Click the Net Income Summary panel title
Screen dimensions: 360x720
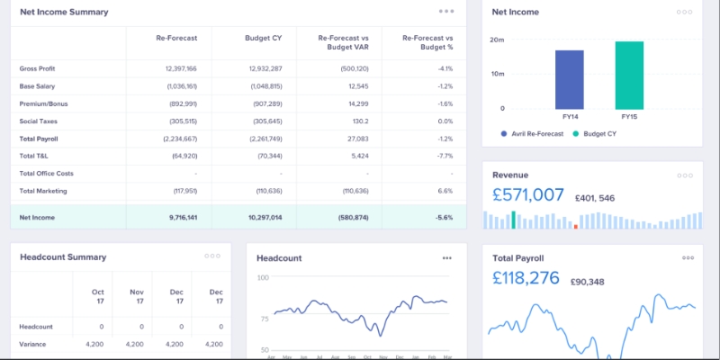click(x=64, y=13)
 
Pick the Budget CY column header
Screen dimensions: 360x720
click(x=264, y=39)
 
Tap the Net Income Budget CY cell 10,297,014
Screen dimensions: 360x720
click(x=264, y=218)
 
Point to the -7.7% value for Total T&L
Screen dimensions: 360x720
click(x=445, y=156)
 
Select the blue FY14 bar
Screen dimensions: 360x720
click(x=570, y=79)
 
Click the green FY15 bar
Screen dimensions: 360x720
click(x=629, y=75)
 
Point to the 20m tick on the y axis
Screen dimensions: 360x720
click(x=498, y=40)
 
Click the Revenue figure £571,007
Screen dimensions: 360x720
click(x=528, y=194)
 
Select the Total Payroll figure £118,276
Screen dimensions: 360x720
click(x=526, y=279)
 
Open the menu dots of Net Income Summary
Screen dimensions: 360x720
click(x=446, y=12)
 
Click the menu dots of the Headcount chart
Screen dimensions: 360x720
click(x=446, y=258)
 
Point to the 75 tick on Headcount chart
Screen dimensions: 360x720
click(x=264, y=318)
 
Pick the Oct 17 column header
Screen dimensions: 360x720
click(x=98, y=296)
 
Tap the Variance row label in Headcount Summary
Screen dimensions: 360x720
click(x=33, y=344)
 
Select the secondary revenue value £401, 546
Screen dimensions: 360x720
click(x=594, y=198)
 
